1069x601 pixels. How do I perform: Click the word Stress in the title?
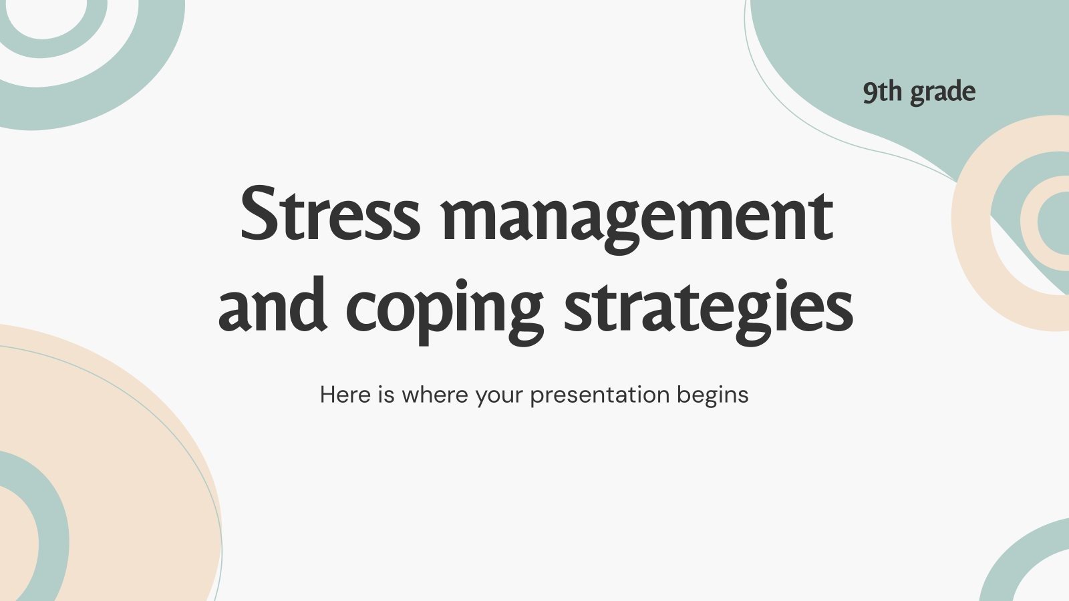330,215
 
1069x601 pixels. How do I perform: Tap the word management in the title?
637,218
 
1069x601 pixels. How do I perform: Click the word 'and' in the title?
273,306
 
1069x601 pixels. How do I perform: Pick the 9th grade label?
919,92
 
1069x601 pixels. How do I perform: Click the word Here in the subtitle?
345,395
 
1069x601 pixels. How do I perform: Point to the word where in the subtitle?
436,395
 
